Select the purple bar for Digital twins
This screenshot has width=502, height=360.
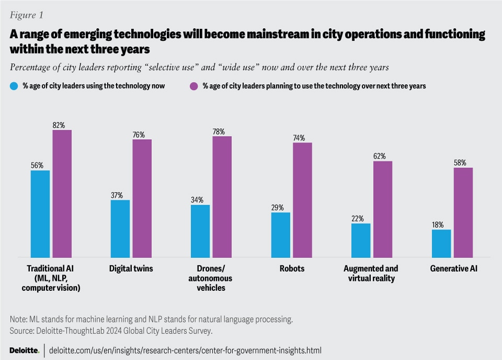pos(142,198)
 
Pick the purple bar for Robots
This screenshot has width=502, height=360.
pos(302,200)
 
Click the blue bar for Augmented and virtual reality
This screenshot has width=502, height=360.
pos(361,240)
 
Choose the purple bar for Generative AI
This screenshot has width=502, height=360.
pos(463,212)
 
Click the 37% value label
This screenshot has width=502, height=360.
pos(117,195)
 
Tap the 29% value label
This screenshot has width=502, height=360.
pos(277,208)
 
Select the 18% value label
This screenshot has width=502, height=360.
pos(438,225)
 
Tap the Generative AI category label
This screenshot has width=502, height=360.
pos(453,268)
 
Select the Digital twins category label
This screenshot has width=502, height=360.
pos(131,268)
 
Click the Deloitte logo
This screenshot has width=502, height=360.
pos(24,350)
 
